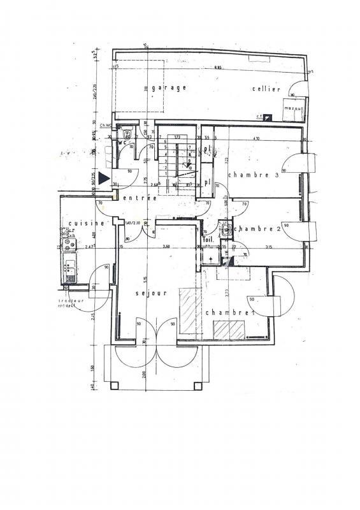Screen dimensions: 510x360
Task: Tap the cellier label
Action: (x=266, y=89)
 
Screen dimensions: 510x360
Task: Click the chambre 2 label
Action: (x=257, y=229)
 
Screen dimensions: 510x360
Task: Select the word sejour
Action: (x=151, y=293)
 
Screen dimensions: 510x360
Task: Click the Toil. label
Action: (x=208, y=240)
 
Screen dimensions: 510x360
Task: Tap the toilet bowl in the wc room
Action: (x=127, y=135)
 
